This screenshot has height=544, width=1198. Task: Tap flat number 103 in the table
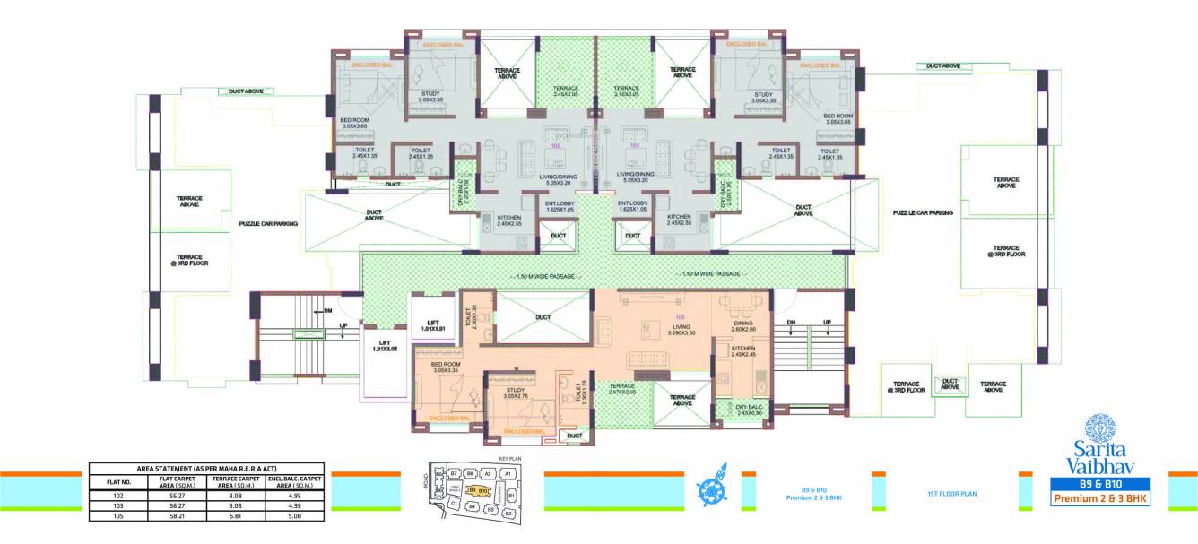(114, 505)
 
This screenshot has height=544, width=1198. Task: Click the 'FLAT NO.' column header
(114, 481)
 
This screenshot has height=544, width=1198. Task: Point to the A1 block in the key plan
(507, 472)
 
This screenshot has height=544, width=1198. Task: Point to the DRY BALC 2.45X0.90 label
(743, 410)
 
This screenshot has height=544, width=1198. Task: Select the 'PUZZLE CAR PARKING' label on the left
(267, 224)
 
